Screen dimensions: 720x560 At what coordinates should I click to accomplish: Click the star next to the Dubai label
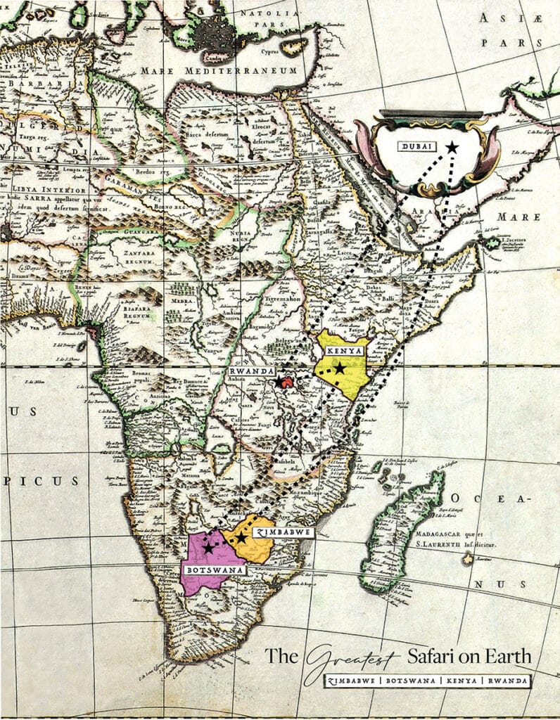coord(451,147)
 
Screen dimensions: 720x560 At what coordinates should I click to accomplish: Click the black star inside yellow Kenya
coord(340,368)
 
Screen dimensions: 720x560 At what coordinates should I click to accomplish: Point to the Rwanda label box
coord(250,371)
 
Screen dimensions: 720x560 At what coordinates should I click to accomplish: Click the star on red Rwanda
coord(281,382)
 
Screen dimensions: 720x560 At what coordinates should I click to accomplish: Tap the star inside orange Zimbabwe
coord(242,537)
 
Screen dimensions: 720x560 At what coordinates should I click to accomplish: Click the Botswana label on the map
coord(214,570)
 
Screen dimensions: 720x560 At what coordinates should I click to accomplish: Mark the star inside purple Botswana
coord(208,546)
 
